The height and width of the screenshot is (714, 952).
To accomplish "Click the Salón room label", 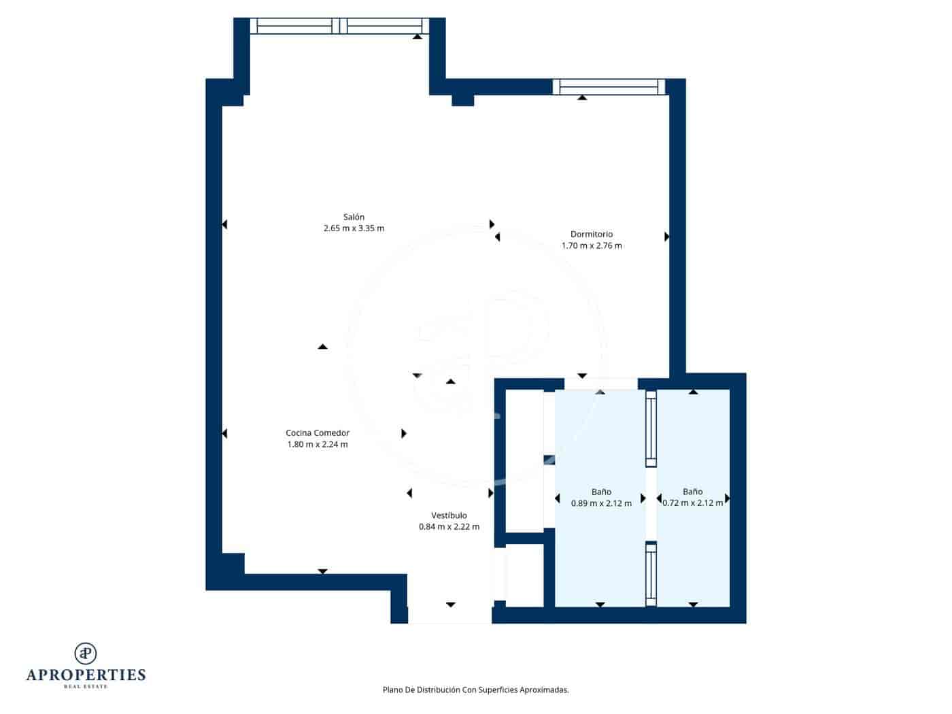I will (x=354, y=217).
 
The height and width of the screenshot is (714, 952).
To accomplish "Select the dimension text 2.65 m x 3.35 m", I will (x=354, y=228).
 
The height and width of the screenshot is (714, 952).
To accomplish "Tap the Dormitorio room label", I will (x=591, y=234).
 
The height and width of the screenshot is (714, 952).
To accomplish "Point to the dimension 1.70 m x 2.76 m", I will (x=591, y=245).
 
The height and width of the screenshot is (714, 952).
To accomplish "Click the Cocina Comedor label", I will (x=318, y=432).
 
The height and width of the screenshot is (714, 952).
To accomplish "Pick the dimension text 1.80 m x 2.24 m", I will (x=318, y=445).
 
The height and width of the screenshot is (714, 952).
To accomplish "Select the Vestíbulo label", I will (x=449, y=515).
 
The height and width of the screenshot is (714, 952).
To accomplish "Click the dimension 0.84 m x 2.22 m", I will (x=449, y=527).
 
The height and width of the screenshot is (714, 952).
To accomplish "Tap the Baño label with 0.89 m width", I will (x=601, y=492).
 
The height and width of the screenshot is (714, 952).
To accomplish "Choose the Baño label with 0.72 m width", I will (x=692, y=492).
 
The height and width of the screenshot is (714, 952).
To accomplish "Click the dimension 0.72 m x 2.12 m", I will (x=692, y=503).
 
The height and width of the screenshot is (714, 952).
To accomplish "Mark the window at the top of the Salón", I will (x=339, y=26).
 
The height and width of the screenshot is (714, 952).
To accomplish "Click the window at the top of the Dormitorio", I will (x=609, y=86).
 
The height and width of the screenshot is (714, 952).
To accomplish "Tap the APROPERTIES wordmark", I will (x=86, y=675).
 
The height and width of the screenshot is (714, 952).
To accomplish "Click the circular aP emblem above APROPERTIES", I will (x=86, y=653).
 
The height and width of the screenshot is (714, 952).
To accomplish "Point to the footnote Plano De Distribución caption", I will (x=475, y=690).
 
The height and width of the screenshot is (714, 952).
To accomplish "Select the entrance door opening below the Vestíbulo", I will (x=449, y=614).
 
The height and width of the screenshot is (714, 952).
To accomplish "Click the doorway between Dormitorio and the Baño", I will (x=600, y=384).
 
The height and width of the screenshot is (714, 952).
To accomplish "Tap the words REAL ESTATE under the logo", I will (x=86, y=687).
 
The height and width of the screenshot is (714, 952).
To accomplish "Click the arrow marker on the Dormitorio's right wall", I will (x=666, y=237).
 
